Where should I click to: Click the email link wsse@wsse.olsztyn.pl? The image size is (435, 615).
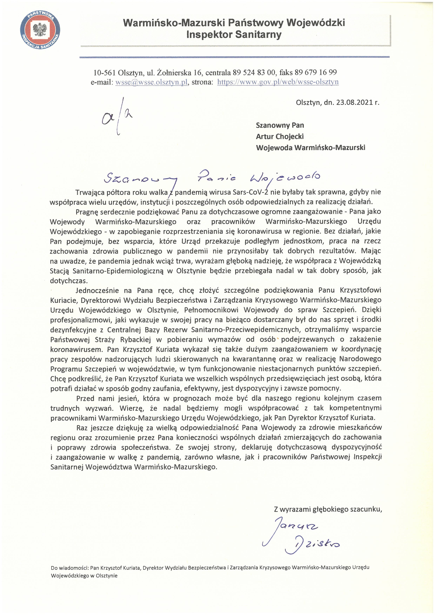pos(151,82)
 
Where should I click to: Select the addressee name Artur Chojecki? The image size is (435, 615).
pos(280,137)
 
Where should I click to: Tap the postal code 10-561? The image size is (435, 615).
pos(105,73)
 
